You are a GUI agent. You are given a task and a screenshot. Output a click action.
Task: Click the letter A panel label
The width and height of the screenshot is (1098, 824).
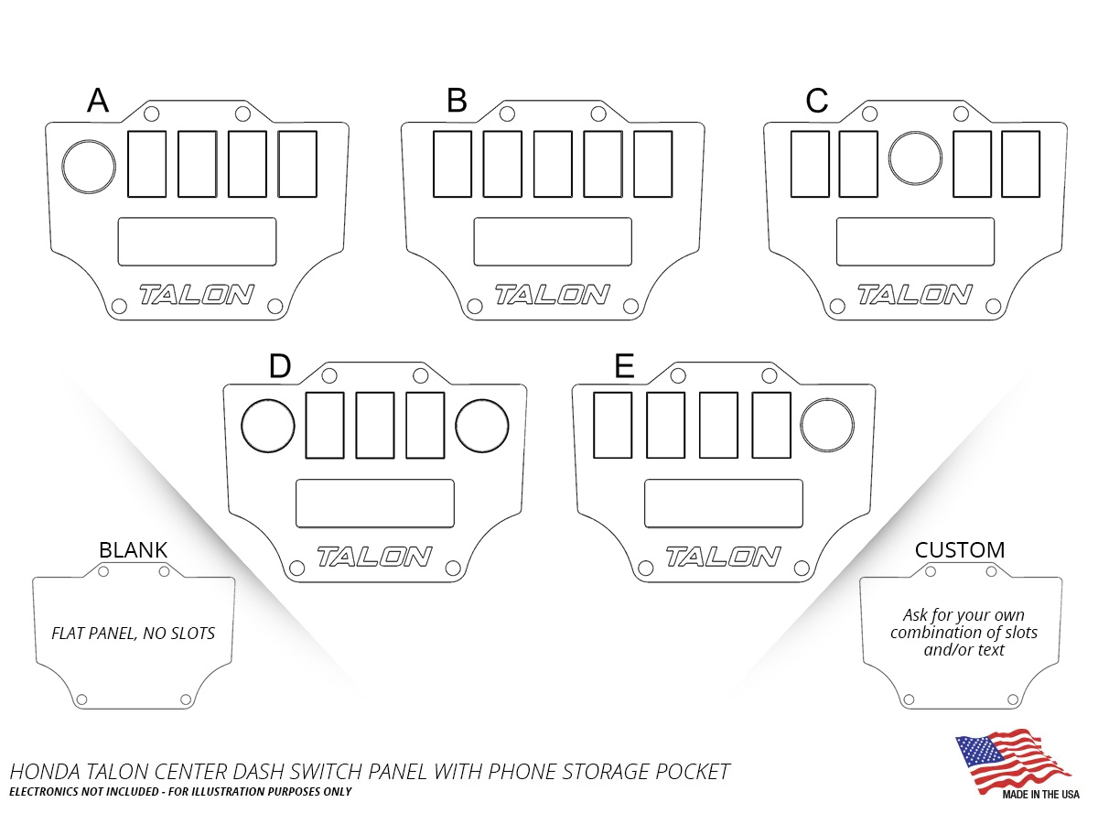(x=98, y=100)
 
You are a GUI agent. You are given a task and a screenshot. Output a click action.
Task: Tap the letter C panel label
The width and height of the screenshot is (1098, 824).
(x=816, y=100)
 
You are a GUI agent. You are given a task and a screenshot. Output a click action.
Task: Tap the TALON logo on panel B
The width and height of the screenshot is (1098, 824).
(x=553, y=294)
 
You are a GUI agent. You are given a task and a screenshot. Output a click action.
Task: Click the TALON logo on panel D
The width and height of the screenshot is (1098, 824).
(x=374, y=557)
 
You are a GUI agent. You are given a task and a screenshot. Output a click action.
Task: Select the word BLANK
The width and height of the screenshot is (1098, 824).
(x=133, y=550)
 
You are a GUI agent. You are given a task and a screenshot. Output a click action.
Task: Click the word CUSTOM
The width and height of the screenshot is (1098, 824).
(x=960, y=550)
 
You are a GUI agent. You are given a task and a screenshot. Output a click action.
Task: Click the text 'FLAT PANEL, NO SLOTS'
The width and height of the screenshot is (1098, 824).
(x=133, y=634)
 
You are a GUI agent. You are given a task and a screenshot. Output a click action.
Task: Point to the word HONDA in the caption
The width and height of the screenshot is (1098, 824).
(x=45, y=772)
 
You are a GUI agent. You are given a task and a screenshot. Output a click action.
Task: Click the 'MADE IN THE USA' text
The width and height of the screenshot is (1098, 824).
(x=1041, y=795)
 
